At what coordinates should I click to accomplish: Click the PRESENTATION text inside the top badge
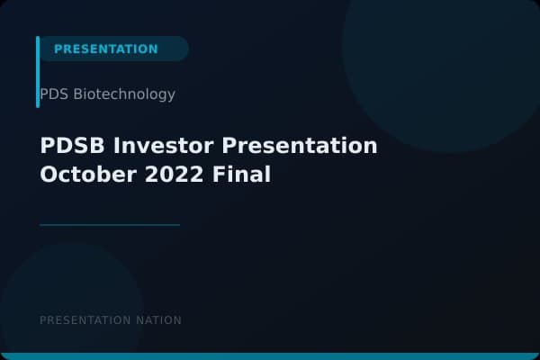click(x=105, y=49)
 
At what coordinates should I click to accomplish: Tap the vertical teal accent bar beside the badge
click(x=38, y=72)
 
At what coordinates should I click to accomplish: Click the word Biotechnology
click(x=125, y=94)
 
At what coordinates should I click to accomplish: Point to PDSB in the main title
click(x=71, y=146)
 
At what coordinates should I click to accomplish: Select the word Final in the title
click(x=242, y=175)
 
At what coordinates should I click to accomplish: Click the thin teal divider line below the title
click(x=110, y=225)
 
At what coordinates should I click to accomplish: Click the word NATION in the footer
click(x=158, y=320)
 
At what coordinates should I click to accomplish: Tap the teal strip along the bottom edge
click(x=270, y=356)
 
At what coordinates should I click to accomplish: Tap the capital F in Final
click(x=220, y=175)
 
